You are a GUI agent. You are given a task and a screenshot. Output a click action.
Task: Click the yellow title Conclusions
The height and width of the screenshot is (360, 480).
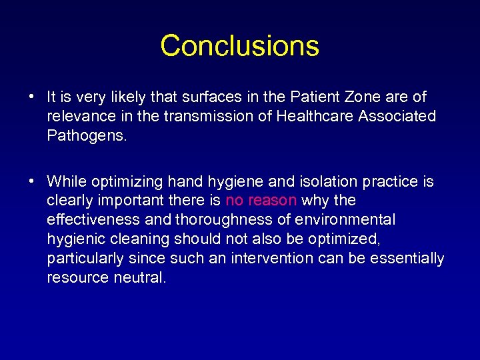(x=239, y=46)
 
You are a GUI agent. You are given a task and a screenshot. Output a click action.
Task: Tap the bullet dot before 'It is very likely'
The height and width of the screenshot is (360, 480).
(x=32, y=97)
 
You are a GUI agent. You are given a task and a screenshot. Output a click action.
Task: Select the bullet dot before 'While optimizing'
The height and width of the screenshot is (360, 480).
(x=32, y=181)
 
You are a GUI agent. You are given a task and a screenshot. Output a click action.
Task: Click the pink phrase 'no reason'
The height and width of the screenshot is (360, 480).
(x=261, y=201)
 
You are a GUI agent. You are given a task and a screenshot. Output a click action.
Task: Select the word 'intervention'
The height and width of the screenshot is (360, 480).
(x=271, y=259)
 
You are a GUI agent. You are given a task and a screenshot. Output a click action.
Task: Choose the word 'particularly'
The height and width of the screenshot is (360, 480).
(x=84, y=259)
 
